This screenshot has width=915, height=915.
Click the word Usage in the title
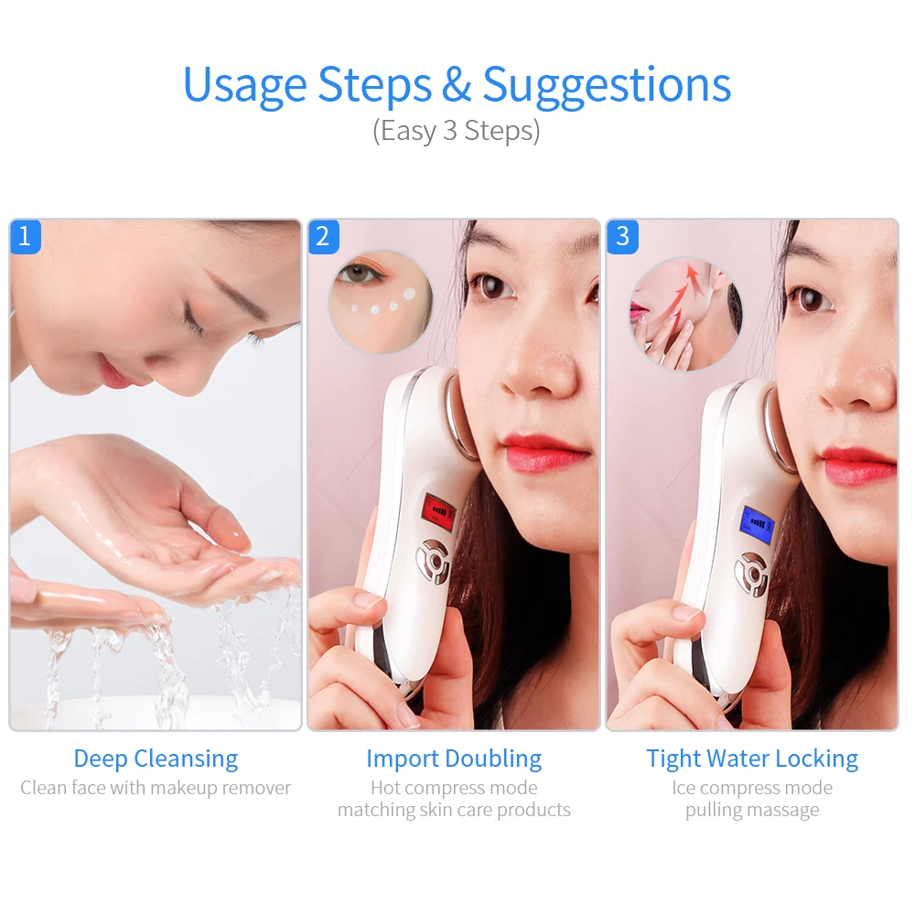pyautogui.click(x=245, y=85)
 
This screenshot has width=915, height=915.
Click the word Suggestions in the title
pyautogui.click(x=607, y=85)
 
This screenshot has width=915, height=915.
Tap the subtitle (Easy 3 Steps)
pyautogui.click(x=456, y=131)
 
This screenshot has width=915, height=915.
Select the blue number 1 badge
pyautogui.click(x=25, y=237)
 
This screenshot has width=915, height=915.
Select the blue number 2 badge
pyautogui.click(x=322, y=237)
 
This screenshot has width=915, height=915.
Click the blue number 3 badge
pyautogui.click(x=622, y=237)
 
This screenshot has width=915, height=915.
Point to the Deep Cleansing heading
pyautogui.click(x=156, y=759)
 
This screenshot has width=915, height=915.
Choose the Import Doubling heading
pyautogui.click(x=454, y=759)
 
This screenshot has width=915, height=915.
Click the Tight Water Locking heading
pyautogui.click(x=752, y=759)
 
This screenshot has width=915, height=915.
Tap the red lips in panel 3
pyautogui.click(x=857, y=464)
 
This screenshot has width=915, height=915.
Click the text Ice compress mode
pyautogui.click(x=752, y=788)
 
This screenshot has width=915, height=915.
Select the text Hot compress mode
pyautogui.click(x=454, y=788)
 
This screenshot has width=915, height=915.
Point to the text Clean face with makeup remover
pyautogui.click(x=156, y=788)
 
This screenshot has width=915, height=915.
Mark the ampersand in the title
pyautogui.click(x=456, y=85)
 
